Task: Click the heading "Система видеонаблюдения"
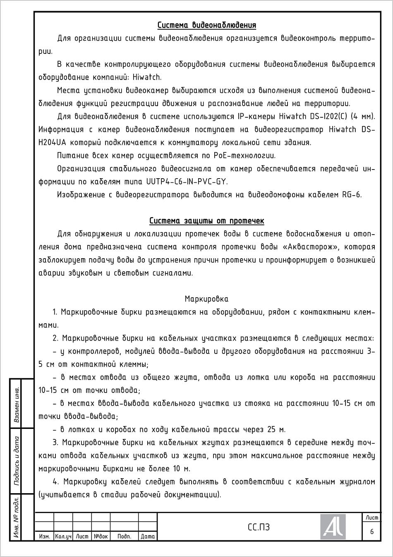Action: [206, 25]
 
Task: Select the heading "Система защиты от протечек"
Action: [206, 220]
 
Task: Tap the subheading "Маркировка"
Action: [206, 299]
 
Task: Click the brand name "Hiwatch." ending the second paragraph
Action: [148, 77]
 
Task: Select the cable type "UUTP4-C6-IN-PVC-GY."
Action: [187, 182]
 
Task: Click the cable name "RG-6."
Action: [352, 195]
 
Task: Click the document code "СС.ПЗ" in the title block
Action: [259, 527]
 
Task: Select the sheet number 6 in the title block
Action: [371, 531]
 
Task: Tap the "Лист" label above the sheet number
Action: [371, 518]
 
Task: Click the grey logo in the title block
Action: [333, 527]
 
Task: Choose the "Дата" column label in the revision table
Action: [148, 536]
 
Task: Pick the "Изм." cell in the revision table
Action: [44, 536]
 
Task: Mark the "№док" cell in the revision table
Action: [101, 536]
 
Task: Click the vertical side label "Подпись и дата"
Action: [17, 460]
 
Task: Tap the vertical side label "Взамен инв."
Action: [17, 404]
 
